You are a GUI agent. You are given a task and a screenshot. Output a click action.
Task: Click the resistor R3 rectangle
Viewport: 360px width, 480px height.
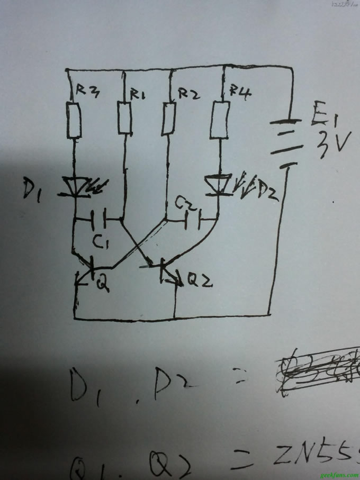click(x=75, y=121)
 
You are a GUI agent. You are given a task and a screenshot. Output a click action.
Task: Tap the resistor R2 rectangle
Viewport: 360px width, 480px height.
click(x=169, y=119)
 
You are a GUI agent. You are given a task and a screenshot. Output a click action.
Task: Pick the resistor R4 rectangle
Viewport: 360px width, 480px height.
click(x=219, y=121)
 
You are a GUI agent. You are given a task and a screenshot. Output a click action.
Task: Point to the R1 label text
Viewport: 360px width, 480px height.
click(x=139, y=95)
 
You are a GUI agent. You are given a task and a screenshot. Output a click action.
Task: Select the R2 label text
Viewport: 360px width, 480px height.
click(x=188, y=94)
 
